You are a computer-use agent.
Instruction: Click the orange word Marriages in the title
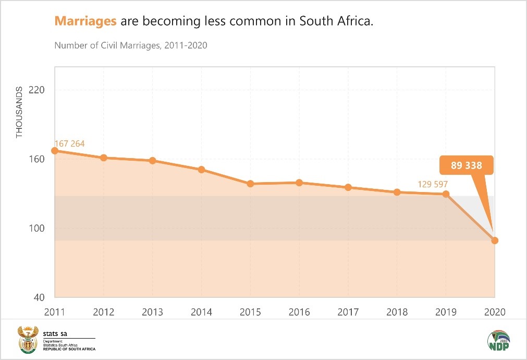[x=85, y=21]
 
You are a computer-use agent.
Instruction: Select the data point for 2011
[x=55, y=151]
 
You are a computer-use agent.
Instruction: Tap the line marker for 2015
[x=250, y=184]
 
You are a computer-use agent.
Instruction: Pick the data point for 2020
[x=495, y=241]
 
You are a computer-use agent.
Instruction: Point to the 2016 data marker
[x=299, y=183]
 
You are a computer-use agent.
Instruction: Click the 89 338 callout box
[x=466, y=166]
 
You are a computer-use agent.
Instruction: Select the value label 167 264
[x=69, y=143]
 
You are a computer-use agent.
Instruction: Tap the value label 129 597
[x=433, y=184]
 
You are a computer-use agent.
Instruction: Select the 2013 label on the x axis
[x=153, y=312]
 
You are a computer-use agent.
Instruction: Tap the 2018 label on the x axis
[x=397, y=312]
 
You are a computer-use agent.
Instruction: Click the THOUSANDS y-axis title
[x=20, y=116]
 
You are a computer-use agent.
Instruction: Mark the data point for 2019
[x=446, y=194]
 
